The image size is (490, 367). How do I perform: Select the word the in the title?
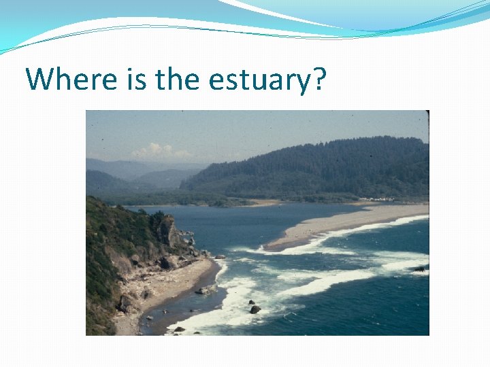[178, 80]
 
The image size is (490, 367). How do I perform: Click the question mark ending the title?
[319, 80]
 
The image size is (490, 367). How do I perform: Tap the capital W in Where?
[39, 80]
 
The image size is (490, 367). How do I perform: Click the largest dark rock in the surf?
[255, 309]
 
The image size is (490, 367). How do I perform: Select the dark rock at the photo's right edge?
[419, 269]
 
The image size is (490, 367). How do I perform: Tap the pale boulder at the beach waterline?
[203, 290]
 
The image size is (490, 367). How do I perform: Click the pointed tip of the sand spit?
[268, 247]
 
